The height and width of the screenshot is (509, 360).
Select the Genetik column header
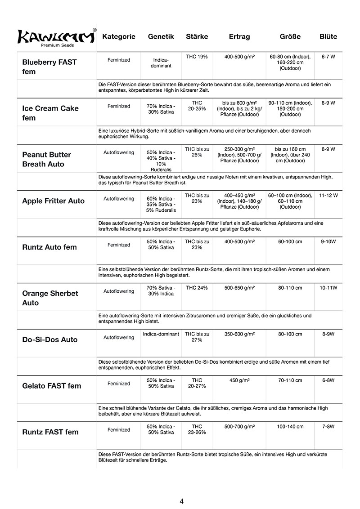coord(161,36)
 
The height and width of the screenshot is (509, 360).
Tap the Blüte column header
coord(328,36)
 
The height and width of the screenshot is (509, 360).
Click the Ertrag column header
coord(239,36)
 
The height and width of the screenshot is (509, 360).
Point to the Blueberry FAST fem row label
coord(49,67)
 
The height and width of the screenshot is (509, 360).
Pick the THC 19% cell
coord(197,57)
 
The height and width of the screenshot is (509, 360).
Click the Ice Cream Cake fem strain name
coord(50,113)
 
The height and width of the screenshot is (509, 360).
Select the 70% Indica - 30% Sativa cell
coord(161,109)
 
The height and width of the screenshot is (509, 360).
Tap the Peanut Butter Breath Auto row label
coord(47,159)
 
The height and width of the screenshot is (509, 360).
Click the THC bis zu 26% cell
coord(197,152)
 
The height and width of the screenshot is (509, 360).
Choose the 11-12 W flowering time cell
coord(328,196)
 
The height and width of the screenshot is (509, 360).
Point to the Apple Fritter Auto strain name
coord(53,201)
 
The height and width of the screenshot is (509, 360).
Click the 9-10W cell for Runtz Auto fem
coord(328,241)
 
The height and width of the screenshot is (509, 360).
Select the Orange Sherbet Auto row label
coord(50,298)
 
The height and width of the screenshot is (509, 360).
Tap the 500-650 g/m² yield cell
coord(239,288)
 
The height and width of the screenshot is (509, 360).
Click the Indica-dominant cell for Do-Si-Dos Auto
coord(161,334)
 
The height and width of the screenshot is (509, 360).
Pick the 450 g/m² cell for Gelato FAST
coord(239,380)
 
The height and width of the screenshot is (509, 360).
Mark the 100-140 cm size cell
coord(290,426)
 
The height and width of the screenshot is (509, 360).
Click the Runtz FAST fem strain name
coord(50,432)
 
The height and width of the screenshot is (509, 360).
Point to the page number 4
coord(181,501)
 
